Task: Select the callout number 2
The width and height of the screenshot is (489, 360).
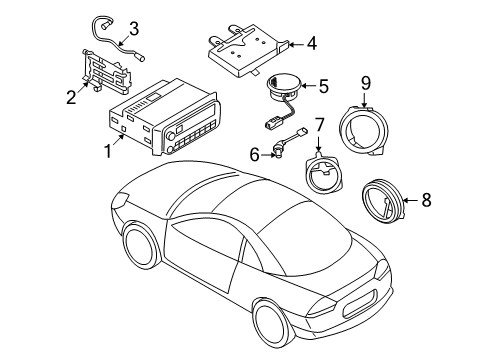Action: [x=71, y=97]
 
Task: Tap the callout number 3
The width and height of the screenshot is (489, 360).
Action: [x=134, y=28]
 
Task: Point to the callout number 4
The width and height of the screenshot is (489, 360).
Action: [x=311, y=43]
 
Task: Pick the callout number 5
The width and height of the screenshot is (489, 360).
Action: [x=322, y=87]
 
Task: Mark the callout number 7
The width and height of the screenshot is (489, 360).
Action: [x=319, y=126]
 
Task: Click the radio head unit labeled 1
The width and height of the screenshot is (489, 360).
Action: [x=160, y=120]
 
